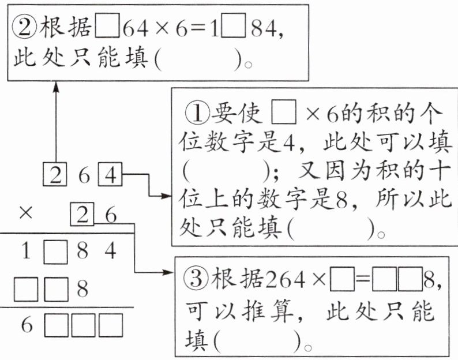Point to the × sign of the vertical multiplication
tap(25, 213)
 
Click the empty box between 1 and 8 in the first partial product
tap(56, 252)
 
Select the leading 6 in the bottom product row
tap(27, 326)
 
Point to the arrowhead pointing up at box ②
tap(56, 87)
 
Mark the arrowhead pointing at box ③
tap(171, 271)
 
